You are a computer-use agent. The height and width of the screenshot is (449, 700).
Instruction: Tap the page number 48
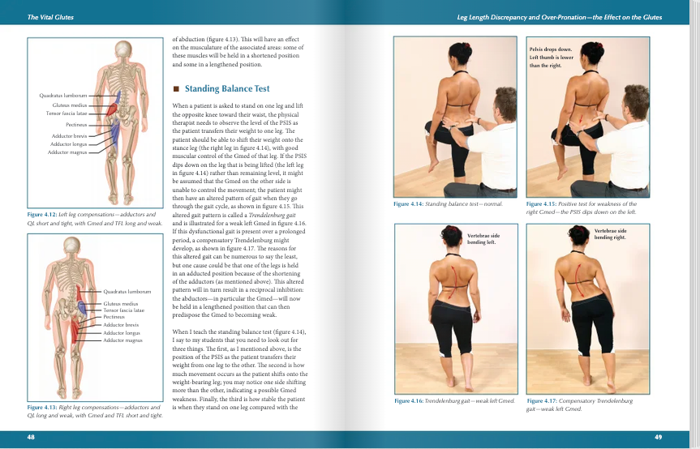tap(31, 438)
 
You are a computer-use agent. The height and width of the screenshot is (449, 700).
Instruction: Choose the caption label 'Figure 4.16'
tap(410, 401)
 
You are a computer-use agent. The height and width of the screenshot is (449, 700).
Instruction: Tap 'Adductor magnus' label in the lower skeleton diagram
tap(122, 340)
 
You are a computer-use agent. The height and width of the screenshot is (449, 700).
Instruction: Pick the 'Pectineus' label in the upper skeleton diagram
tap(76, 125)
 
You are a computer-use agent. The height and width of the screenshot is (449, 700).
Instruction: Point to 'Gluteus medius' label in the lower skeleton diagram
tap(121, 303)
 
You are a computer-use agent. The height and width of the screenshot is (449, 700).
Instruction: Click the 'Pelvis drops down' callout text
tap(551, 50)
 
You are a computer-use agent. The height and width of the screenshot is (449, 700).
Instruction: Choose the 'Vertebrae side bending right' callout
tap(610, 234)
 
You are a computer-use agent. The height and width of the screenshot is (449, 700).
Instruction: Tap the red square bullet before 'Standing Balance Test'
tap(176, 89)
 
